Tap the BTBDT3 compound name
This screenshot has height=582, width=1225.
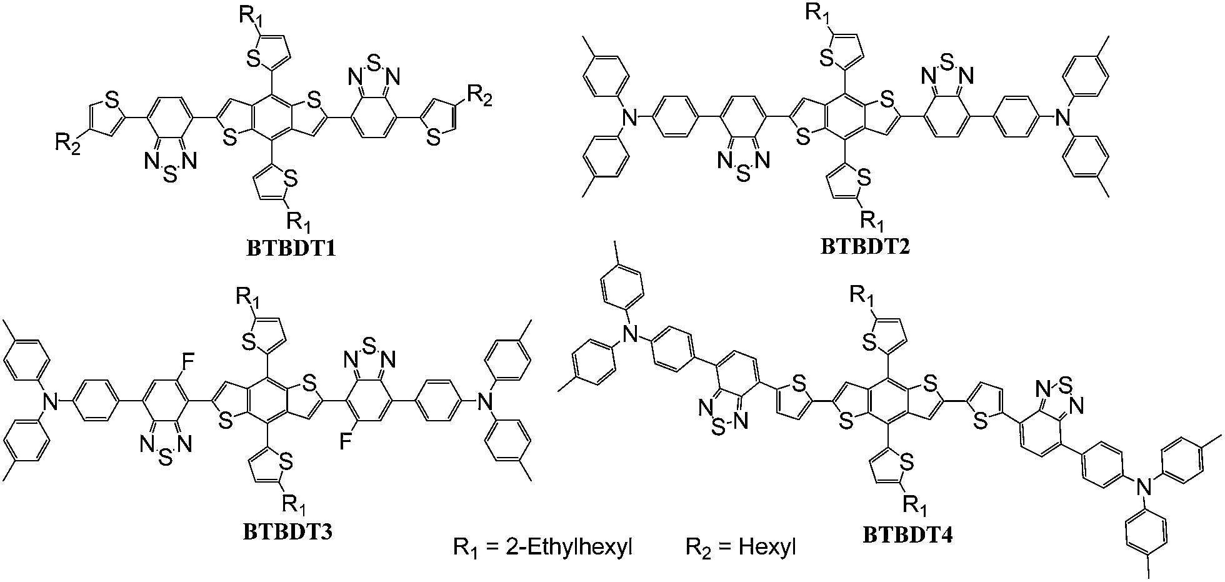(x=287, y=532)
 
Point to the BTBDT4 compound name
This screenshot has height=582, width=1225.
(x=908, y=535)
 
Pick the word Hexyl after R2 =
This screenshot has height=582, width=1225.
(x=767, y=548)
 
